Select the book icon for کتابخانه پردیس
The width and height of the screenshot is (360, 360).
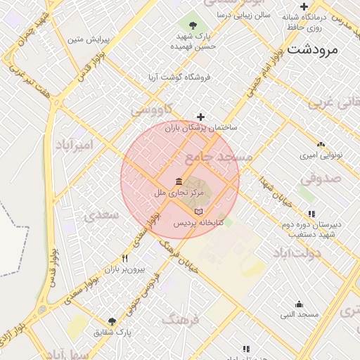(198, 212)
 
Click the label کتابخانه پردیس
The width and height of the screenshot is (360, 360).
(199, 223)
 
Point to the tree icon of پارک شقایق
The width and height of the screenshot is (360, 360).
(112, 321)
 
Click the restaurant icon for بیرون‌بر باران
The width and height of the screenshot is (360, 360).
(124, 258)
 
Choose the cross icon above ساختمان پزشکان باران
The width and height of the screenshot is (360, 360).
(201, 117)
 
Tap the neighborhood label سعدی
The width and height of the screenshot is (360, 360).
(103, 216)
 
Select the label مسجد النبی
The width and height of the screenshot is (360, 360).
(300, 314)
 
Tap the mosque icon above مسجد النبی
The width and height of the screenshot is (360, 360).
(300, 304)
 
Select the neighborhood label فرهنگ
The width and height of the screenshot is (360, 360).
(181, 320)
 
